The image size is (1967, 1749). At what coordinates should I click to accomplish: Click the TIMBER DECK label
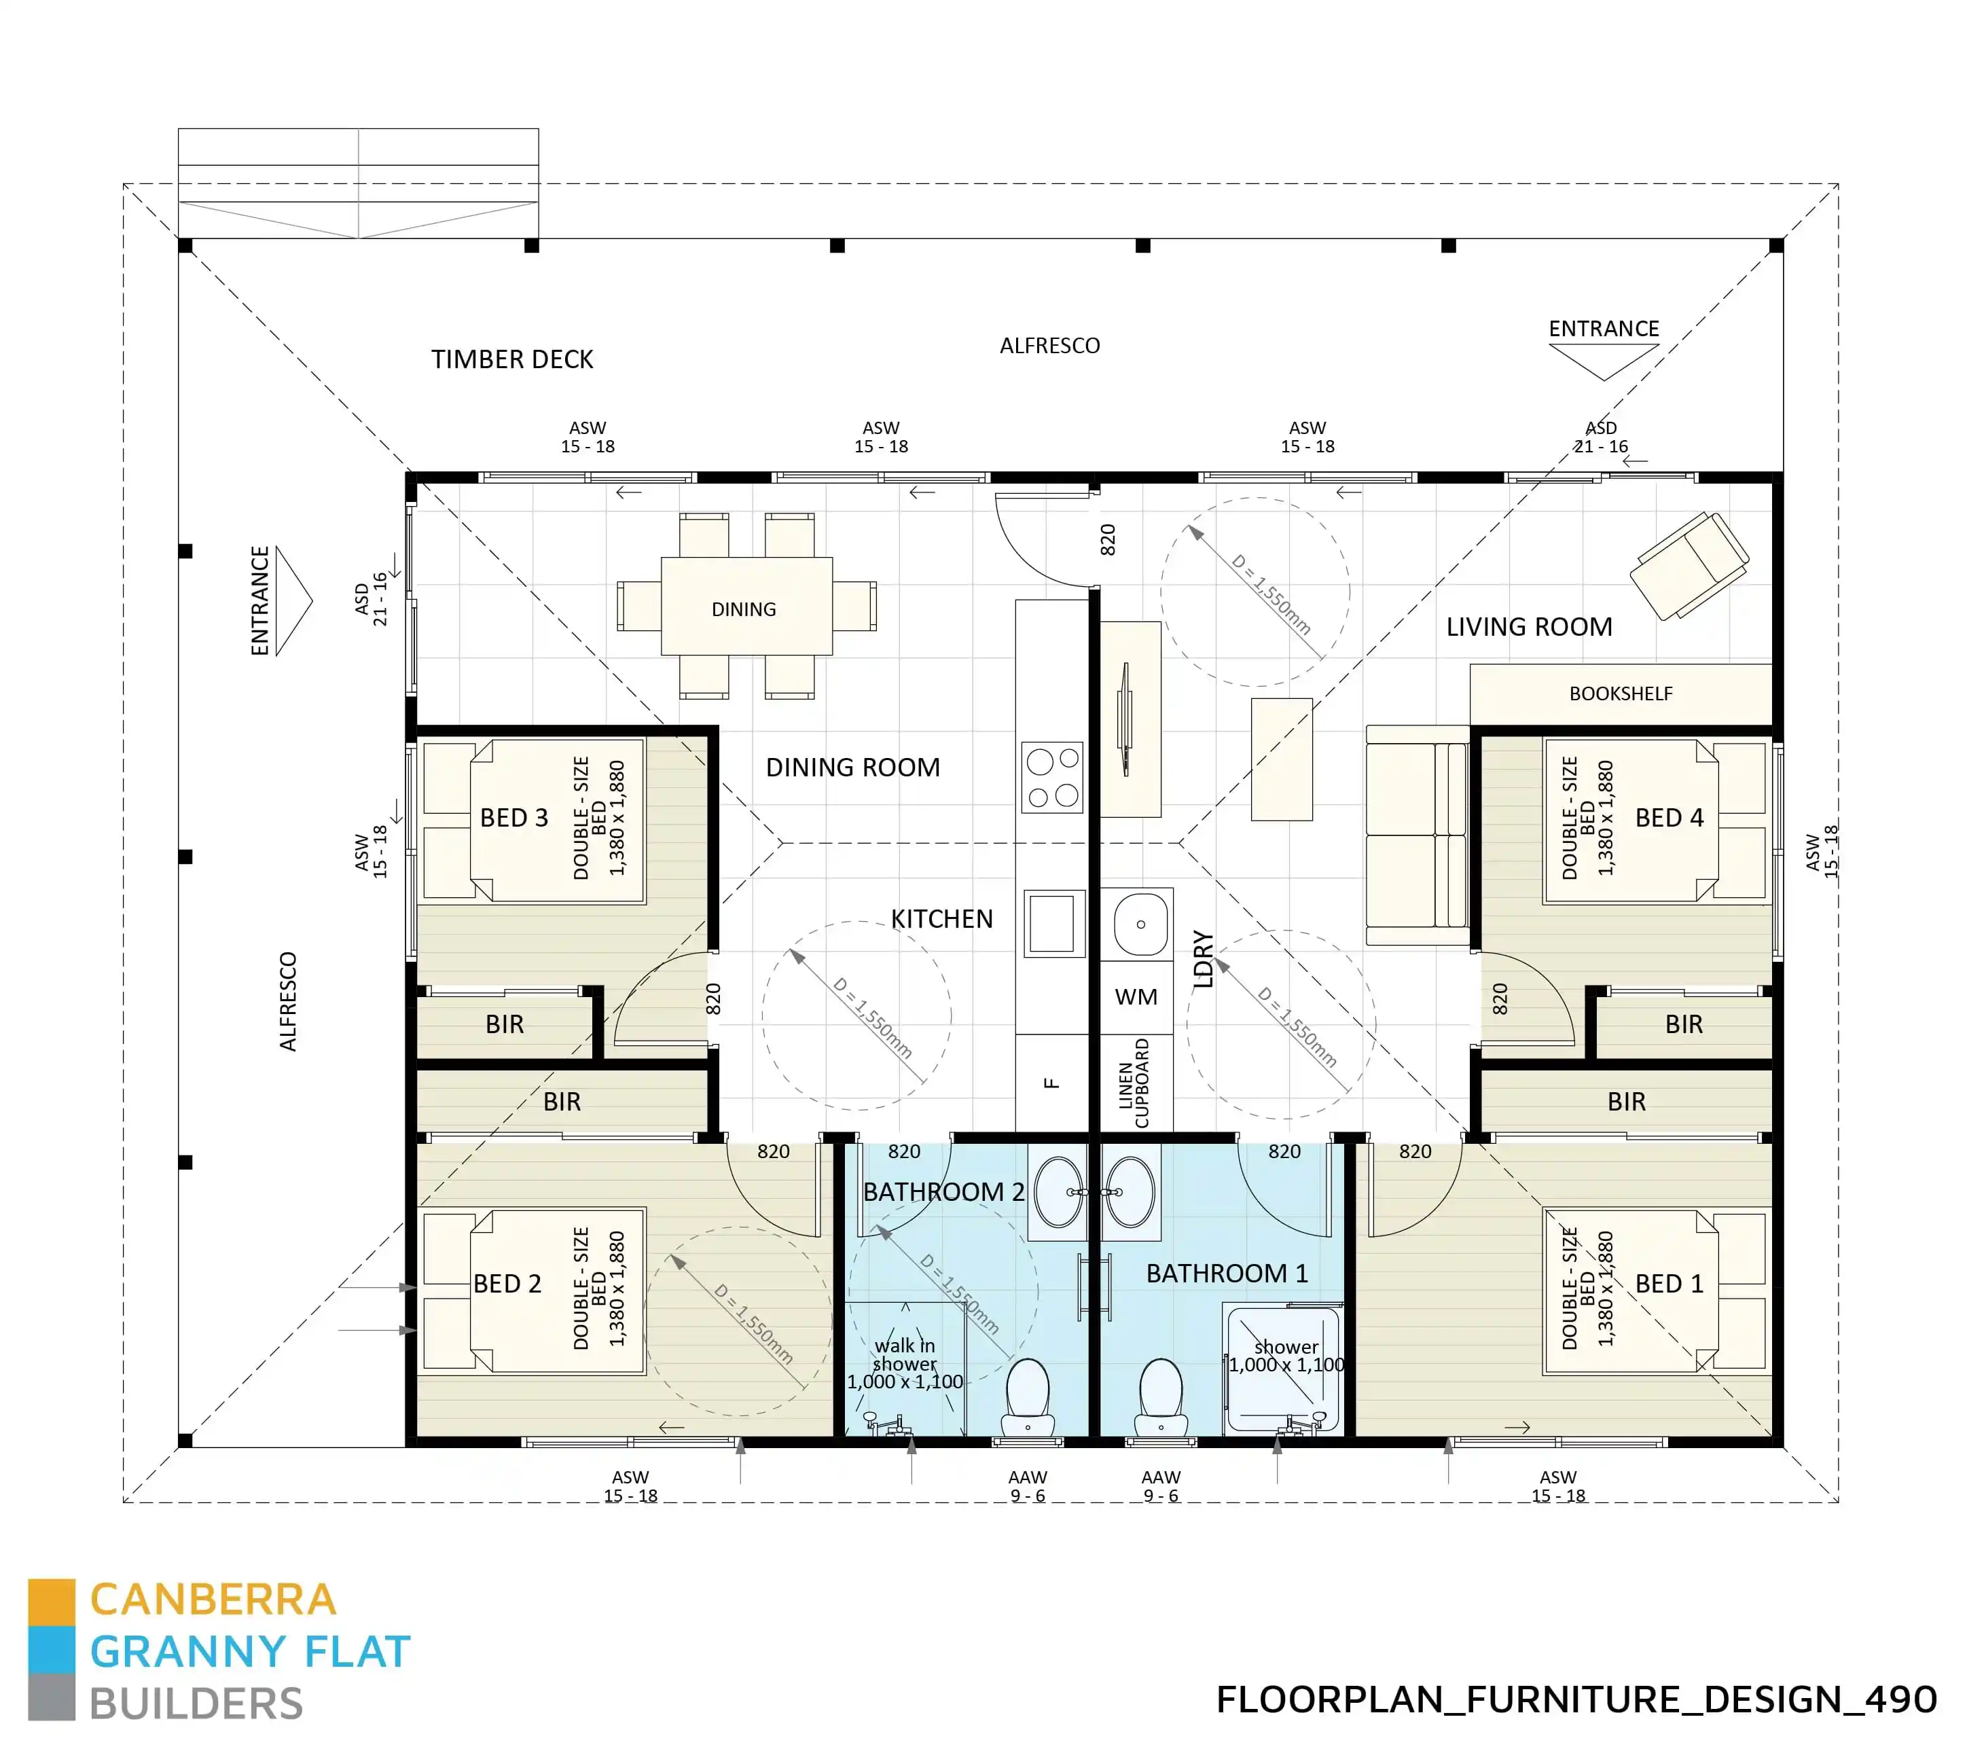pos(512,359)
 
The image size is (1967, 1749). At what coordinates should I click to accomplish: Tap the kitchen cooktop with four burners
pos(1052,777)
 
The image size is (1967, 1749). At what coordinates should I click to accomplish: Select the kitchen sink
pos(1052,922)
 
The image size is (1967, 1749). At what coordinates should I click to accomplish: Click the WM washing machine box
pos(1136,996)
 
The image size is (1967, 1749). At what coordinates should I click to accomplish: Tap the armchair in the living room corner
pos(1690,565)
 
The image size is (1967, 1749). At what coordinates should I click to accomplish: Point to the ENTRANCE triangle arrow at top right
pos(1603,361)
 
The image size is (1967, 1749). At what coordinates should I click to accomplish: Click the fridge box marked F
pos(1052,1083)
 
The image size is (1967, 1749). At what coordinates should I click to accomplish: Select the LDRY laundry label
pos(1203,959)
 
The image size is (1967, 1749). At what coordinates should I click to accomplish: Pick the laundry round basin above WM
pos(1140,923)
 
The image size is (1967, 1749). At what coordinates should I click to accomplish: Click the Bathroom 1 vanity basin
pos(1130,1191)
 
